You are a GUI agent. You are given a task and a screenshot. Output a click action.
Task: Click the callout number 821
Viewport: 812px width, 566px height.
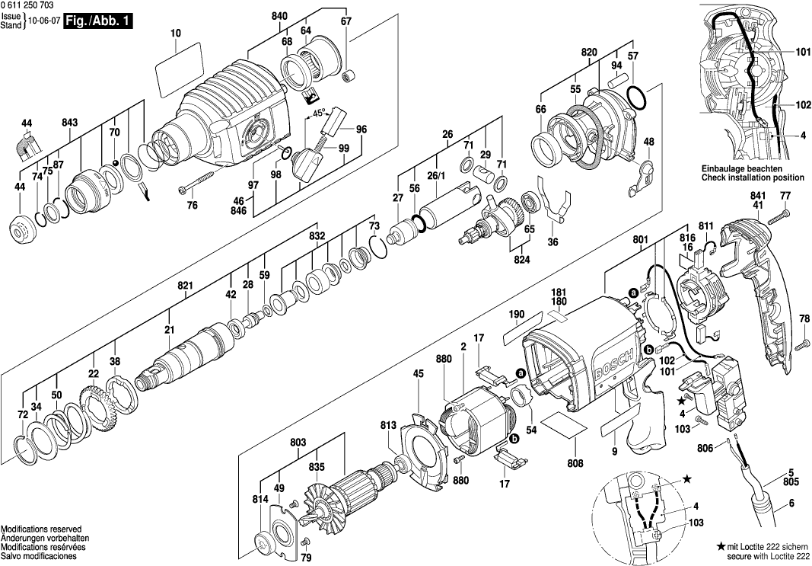pyautogui.click(x=186, y=286)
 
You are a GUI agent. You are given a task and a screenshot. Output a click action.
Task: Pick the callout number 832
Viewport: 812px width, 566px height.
pyautogui.click(x=317, y=236)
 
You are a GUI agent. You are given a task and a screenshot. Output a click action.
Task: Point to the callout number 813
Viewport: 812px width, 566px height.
pyautogui.click(x=388, y=425)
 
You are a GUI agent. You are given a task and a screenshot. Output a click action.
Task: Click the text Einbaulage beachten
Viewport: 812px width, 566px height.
pyautogui.click(x=741, y=169)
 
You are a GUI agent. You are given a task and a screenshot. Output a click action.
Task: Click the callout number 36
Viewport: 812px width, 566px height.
pyautogui.click(x=552, y=241)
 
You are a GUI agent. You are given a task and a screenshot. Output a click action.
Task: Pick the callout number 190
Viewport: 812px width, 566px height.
pyautogui.click(x=517, y=314)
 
